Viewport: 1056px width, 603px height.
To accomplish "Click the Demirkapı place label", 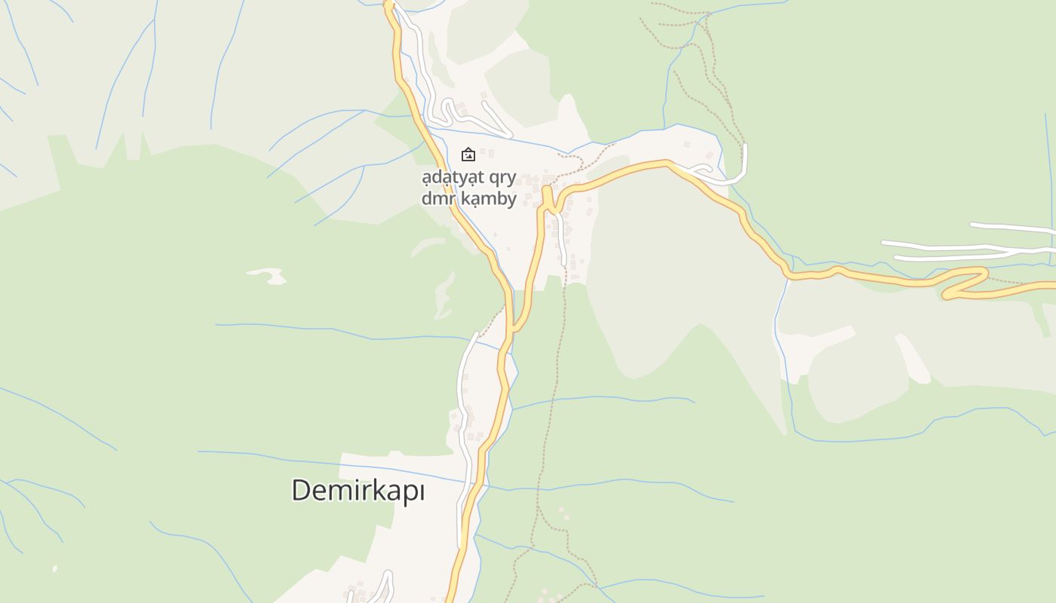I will tap(358, 491).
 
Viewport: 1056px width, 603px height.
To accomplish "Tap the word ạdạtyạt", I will tap(453, 178).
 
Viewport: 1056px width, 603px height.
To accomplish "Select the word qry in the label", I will tap(501, 178).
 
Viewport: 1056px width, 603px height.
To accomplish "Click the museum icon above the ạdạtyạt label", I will tap(468, 155).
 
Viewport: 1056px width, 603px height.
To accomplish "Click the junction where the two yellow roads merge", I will tap(514, 328).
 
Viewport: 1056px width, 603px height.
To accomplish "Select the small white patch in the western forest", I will tap(269, 275).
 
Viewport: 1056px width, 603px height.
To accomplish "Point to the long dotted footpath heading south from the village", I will tap(554, 392).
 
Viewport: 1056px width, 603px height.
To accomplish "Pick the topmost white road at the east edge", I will tap(1011, 227).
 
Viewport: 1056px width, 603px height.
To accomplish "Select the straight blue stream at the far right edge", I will tap(1049, 188).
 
